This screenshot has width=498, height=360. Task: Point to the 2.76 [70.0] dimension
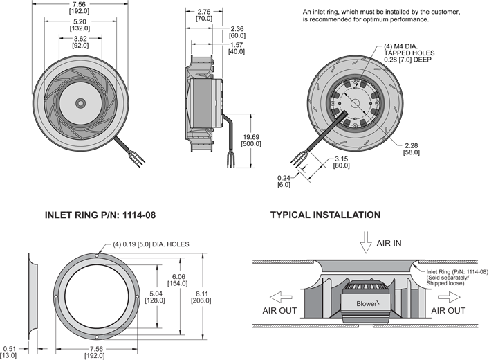tap(204, 15)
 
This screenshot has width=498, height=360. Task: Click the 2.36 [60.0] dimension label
tap(237, 32)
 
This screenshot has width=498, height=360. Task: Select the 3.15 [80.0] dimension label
tap(341, 163)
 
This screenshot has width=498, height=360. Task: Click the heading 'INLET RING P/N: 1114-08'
tap(100, 215)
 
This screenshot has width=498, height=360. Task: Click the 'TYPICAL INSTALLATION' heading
tap(325, 215)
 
